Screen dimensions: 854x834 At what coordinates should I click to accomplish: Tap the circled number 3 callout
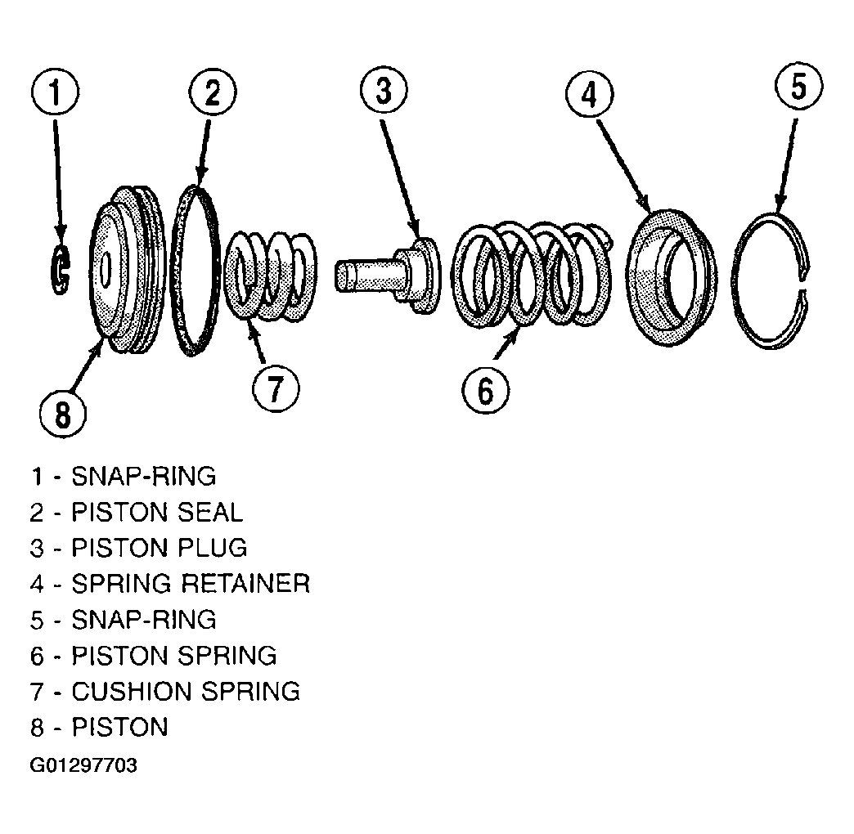click(x=384, y=90)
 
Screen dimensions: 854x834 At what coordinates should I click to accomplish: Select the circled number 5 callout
click(x=798, y=87)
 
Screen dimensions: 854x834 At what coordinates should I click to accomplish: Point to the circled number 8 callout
click(x=63, y=415)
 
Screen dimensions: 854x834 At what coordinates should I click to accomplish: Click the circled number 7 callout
click(x=276, y=388)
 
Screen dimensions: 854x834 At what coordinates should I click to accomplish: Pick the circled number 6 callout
click(x=486, y=390)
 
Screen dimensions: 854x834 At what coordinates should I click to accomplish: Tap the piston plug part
click(x=387, y=275)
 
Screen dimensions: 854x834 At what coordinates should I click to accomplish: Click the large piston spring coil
click(x=532, y=276)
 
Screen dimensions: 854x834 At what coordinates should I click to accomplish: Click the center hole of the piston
click(x=106, y=269)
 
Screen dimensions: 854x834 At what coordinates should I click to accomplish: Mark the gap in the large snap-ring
click(x=804, y=285)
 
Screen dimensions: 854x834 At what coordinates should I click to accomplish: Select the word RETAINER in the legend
click(x=245, y=584)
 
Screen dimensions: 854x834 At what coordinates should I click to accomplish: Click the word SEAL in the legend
click(x=209, y=513)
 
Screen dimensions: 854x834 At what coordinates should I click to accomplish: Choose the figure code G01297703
click(x=83, y=765)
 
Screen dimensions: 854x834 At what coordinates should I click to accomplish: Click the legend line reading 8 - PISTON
click(x=99, y=728)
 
